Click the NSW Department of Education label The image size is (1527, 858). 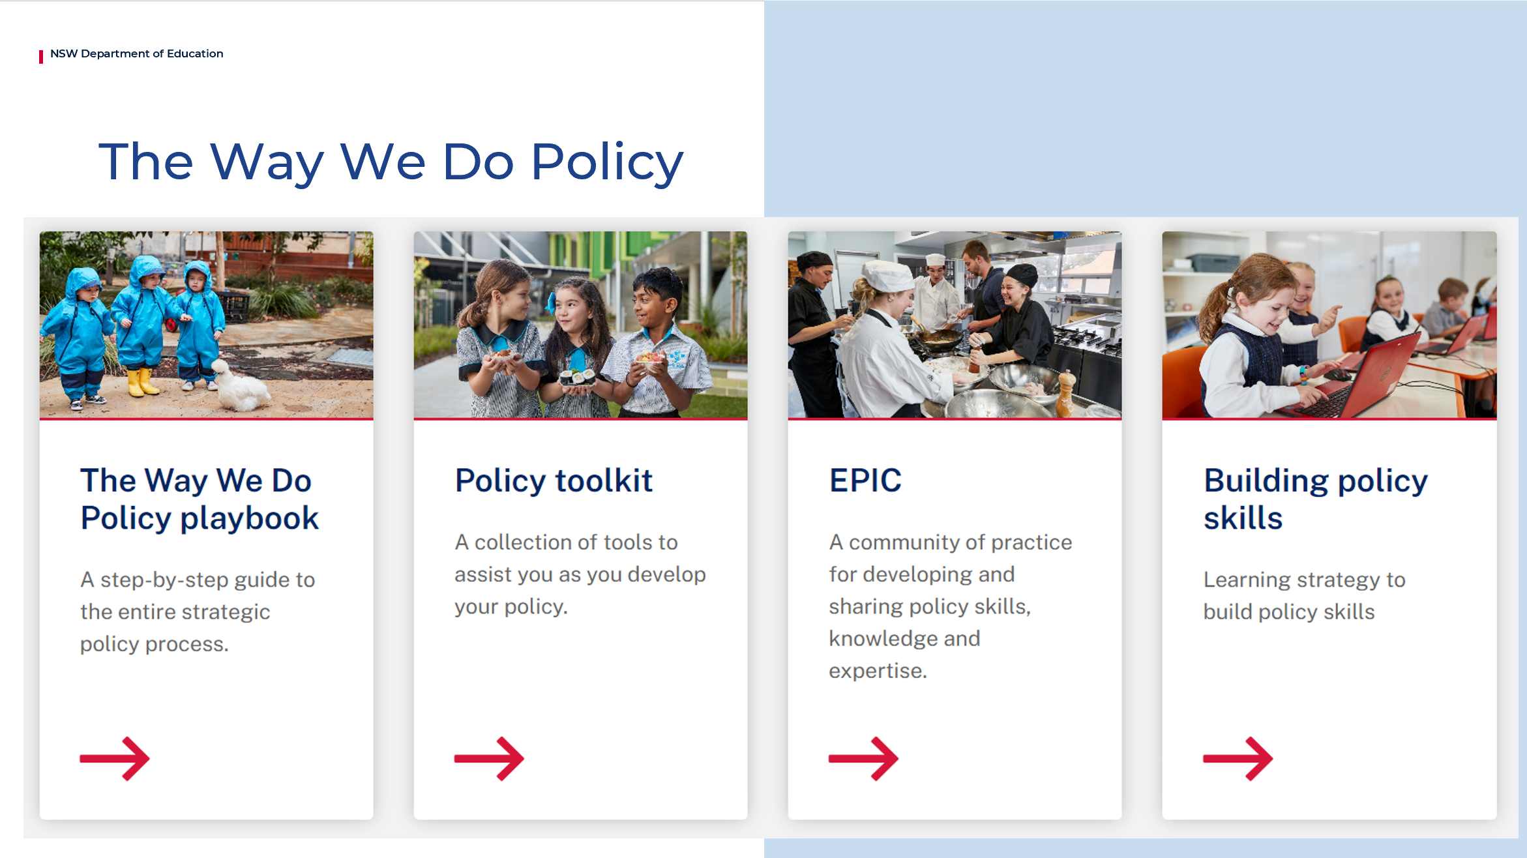pyautogui.click(x=136, y=53)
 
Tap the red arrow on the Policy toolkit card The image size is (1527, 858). pyautogui.click(x=489, y=758)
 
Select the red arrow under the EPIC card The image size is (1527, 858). pyautogui.click(x=863, y=758)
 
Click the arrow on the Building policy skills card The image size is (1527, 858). pyautogui.click(x=1238, y=758)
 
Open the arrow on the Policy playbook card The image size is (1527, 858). pyautogui.click(x=115, y=758)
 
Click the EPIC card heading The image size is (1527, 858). pyautogui.click(x=865, y=481)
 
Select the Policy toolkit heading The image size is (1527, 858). pyautogui.click(x=554, y=481)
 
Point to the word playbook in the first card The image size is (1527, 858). pyautogui.click(x=249, y=519)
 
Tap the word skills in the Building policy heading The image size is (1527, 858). pyautogui.click(x=1243, y=519)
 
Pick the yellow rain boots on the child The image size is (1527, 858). pyautogui.click(x=142, y=383)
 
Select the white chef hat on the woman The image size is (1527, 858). pyautogui.click(x=887, y=276)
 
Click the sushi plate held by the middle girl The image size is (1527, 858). pyautogui.click(x=576, y=377)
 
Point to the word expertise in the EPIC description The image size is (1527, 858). pyautogui.click(x=877, y=670)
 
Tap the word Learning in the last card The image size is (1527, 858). pyautogui.click(x=1247, y=580)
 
